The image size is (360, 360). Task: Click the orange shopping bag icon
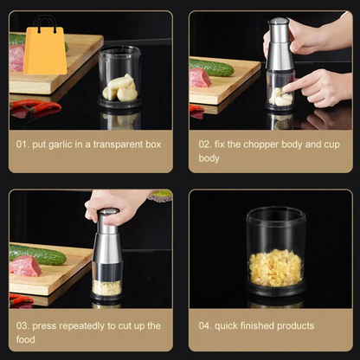pyautogui.click(x=45, y=46)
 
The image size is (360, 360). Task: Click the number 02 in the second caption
pyautogui.click(x=205, y=145)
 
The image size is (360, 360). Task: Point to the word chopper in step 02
pyautogui.click(x=263, y=145)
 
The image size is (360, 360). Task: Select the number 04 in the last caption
pyautogui.click(x=205, y=325)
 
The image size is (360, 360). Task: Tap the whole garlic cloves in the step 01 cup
pyautogui.click(x=120, y=87)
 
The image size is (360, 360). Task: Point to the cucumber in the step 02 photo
pyautogui.click(x=210, y=67)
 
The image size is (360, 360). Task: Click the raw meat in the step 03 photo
pyautogui.click(x=24, y=266)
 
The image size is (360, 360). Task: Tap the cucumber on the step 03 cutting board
pyautogui.click(x=38, y=254)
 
